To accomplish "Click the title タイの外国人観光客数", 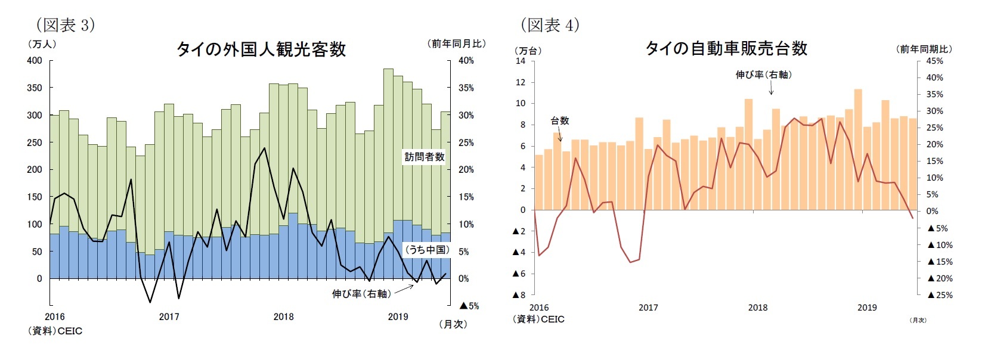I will [261, 49].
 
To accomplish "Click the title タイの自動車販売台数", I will [726, 48].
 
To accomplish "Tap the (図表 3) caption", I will [66, 24].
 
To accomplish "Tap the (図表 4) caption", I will [550, 24].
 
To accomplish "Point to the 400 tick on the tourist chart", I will [35, 60].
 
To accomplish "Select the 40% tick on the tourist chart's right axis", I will [466, 60].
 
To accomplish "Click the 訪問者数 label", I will [425, 157].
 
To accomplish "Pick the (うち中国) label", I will [427, 250].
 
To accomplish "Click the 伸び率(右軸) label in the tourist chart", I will [361, 293].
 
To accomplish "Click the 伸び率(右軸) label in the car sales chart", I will [763, 75].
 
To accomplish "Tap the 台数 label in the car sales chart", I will [559, 120].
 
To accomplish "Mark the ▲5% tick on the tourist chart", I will [469, 306].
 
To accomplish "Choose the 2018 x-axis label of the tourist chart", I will [283, 316].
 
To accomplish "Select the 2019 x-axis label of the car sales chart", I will [867, 308].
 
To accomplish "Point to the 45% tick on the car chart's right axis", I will [934, 61].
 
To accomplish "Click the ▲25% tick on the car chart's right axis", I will [940, 294].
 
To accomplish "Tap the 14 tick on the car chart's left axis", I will [521, 61].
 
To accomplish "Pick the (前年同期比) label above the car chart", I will [924, 49].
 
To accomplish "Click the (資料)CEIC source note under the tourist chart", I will [55, 331].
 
